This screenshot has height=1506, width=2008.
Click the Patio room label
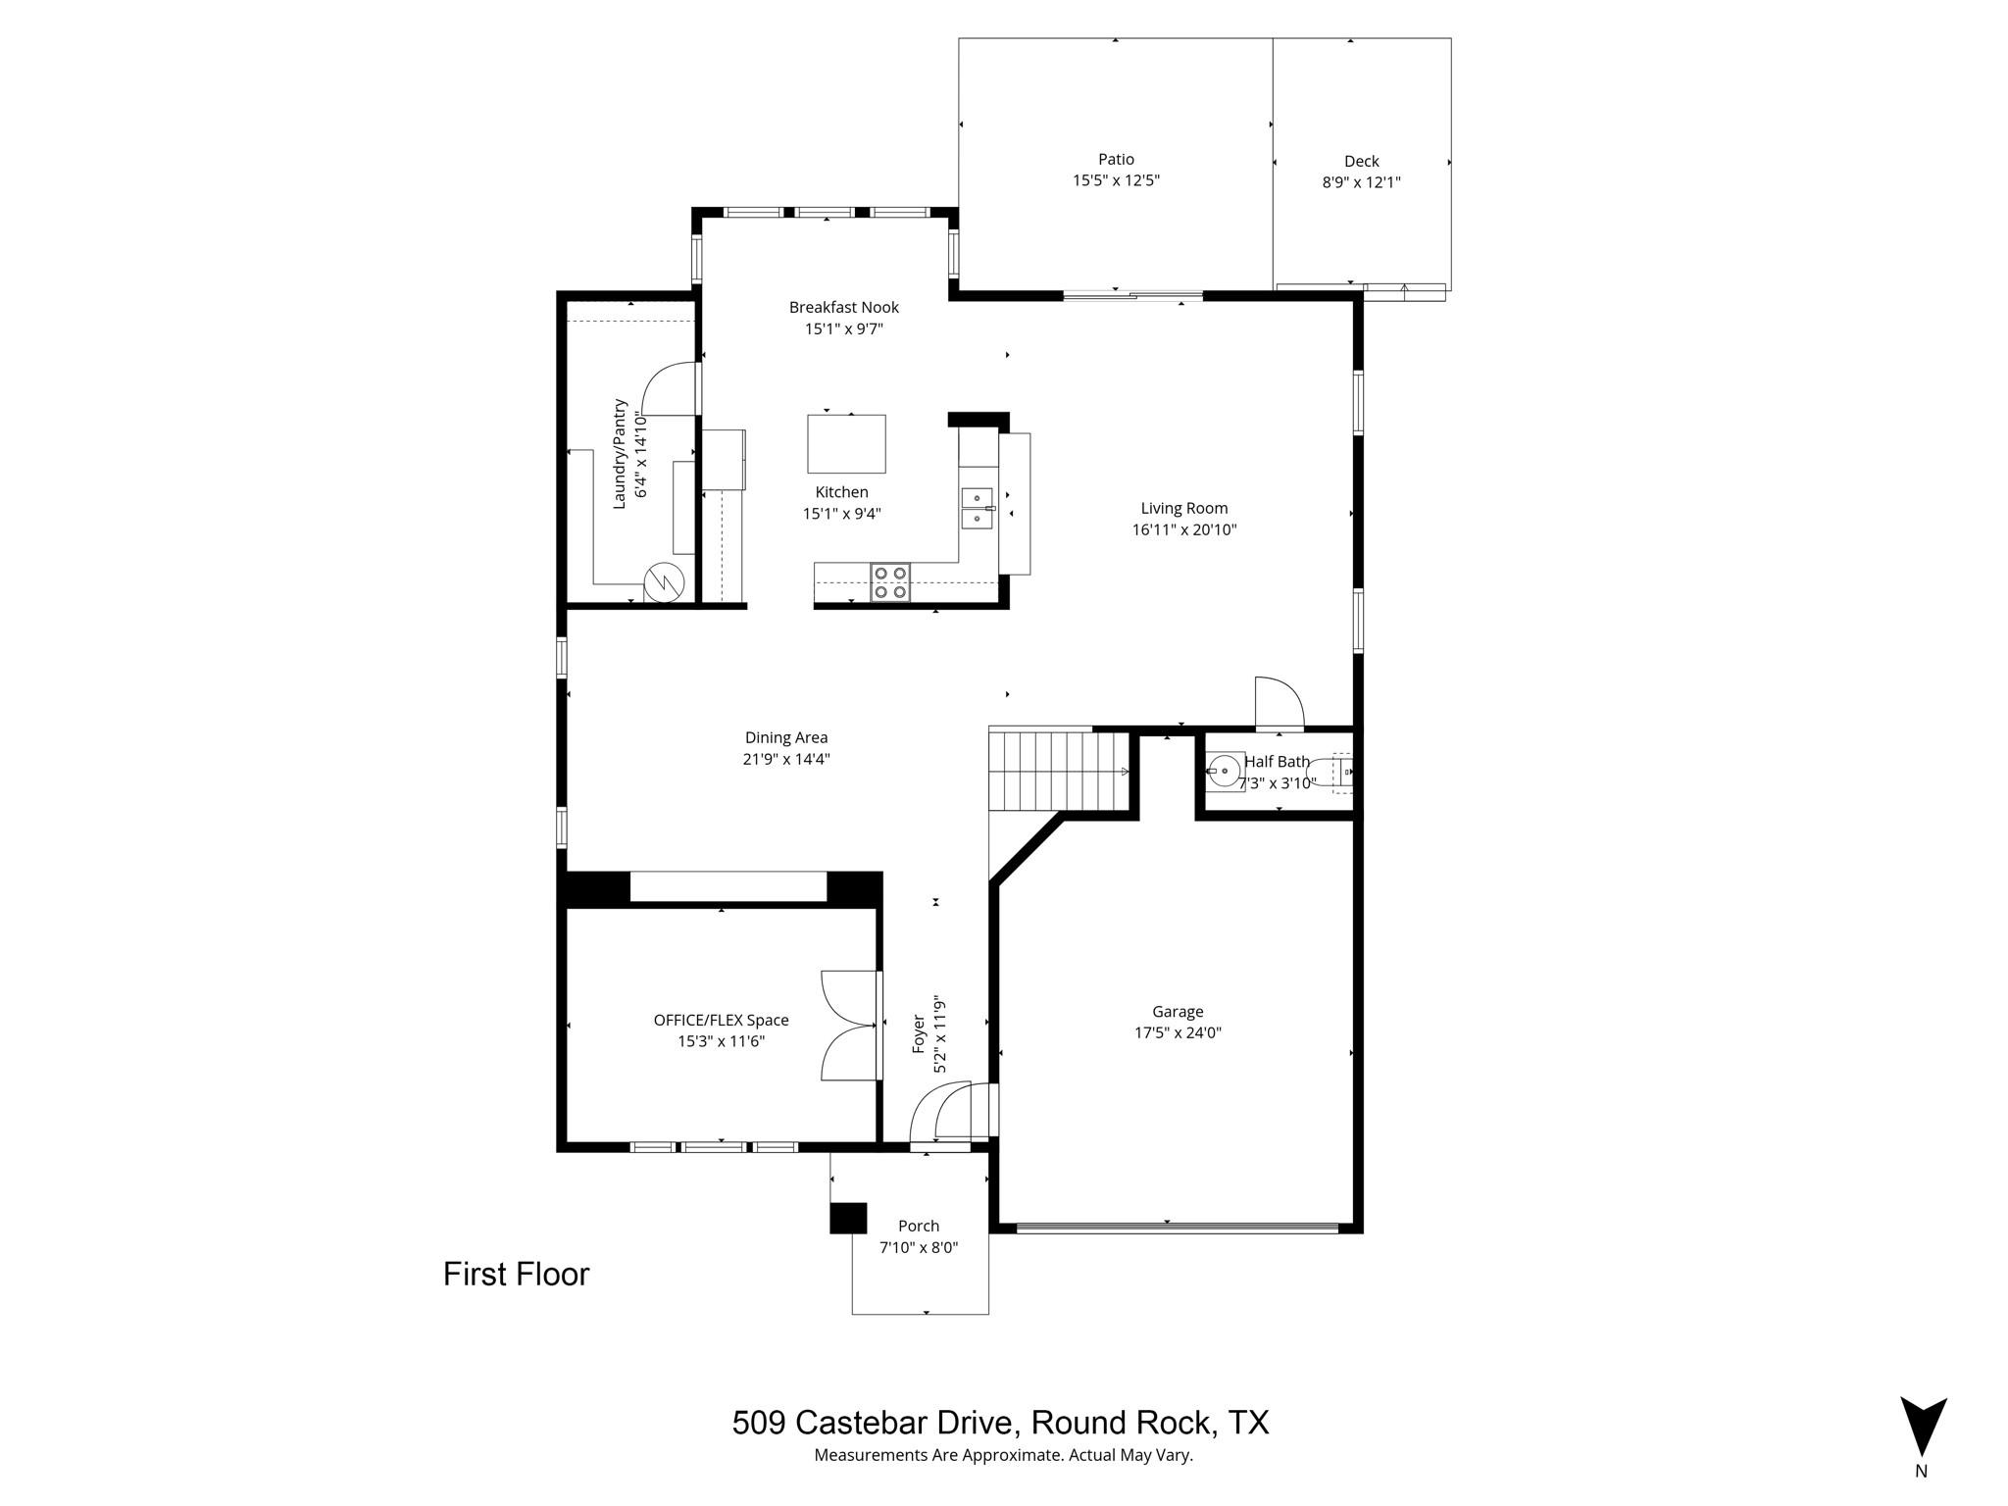[1116, 159]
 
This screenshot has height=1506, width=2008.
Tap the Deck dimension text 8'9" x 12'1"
[1361, 182]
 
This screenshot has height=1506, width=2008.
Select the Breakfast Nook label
[843, 307]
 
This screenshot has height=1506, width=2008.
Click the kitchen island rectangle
[846, 444]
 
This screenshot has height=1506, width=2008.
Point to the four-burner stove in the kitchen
[890, 582]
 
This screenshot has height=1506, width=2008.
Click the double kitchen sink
[977, 508]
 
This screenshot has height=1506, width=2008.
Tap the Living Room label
[1183, 508]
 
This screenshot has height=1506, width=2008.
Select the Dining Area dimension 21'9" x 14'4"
[786, 759]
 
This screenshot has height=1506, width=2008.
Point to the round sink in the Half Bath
[1225, 772]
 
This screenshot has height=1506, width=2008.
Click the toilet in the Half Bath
[1339, 773]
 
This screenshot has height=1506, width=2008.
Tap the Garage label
[1178, 1012]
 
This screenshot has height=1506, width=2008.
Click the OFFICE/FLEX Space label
[721, 1020]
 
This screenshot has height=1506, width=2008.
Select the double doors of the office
[849, 1026]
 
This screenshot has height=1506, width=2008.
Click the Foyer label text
[919, 1034]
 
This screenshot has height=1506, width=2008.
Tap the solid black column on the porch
[848, 1218]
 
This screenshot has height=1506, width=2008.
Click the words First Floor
[516, 1275]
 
